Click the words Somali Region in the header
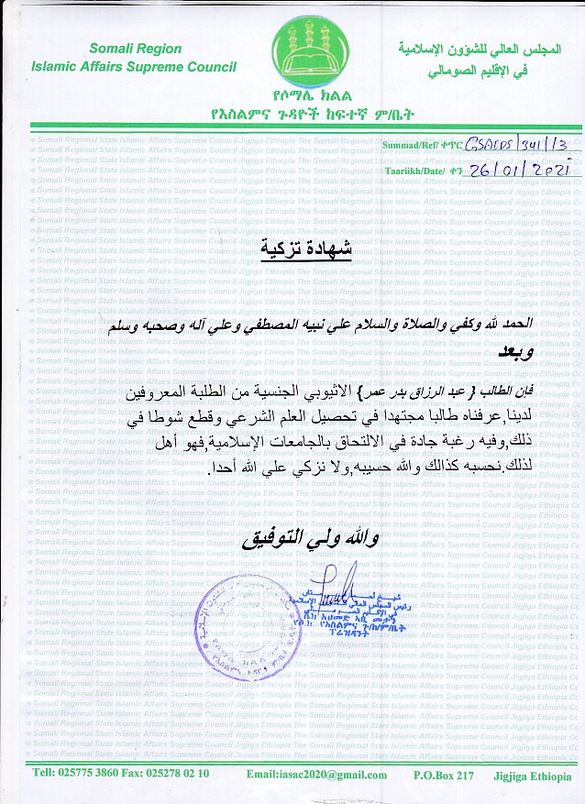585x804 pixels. coord(136,49)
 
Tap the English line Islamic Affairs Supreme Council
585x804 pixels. coord(133,66)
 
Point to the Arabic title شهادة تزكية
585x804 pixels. coord(292,248)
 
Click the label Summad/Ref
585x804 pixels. coord(413,146)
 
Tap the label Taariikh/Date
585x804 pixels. coord(418,171)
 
